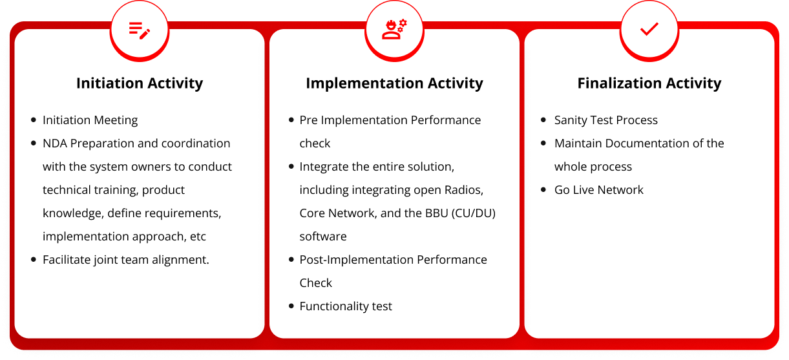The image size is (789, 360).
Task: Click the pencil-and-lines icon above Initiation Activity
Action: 140,30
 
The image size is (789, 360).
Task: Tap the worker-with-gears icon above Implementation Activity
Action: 394,29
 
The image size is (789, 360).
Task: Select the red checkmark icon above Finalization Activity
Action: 649,29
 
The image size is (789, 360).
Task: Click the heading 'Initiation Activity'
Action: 140,83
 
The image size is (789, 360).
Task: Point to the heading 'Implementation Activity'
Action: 394,83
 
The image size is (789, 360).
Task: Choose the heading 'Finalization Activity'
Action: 649,83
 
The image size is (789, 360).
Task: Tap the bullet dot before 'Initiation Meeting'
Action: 34,120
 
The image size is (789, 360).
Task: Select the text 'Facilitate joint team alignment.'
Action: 126,260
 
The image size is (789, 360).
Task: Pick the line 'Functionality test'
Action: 346,306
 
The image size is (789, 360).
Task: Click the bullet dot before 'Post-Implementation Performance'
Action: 291,260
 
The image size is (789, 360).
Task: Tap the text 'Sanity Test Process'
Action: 606,120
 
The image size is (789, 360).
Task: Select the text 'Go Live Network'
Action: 599,190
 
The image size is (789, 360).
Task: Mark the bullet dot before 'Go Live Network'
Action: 543,190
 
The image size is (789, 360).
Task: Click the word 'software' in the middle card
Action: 323,237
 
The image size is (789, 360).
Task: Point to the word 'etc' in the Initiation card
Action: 198,237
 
